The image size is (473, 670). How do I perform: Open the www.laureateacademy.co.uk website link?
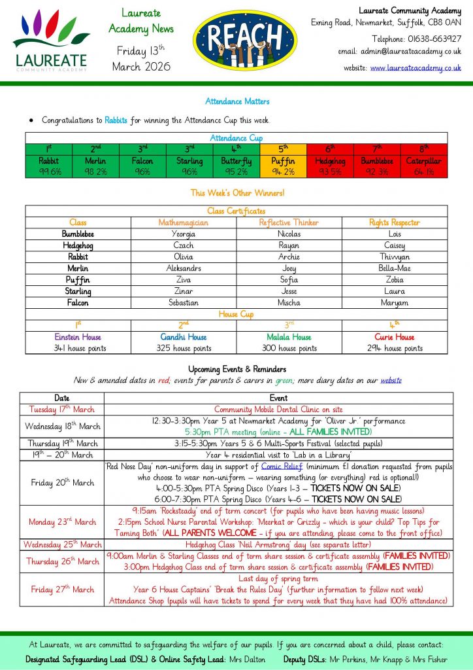[416, 67]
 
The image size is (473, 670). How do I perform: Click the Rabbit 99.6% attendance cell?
[49, 166]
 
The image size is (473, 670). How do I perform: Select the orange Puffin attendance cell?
[284, 166]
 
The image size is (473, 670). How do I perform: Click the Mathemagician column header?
[184, 222]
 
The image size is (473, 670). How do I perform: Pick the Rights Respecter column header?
[395, 222]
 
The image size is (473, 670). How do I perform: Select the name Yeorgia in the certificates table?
[184, 234]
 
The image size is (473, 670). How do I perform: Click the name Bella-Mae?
[395, 268]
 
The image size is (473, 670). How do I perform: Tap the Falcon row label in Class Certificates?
[78, 303]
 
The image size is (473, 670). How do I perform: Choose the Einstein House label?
[78, 337]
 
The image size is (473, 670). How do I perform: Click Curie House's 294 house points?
[395, 348]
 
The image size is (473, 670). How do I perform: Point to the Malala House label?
[289, 337]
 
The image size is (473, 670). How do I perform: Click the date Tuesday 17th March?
[61, 409]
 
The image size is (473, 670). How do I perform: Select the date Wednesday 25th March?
[61, 544]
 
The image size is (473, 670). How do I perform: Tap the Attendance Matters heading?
[237, 101]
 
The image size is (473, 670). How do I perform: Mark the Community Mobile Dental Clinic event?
[278, 409]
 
